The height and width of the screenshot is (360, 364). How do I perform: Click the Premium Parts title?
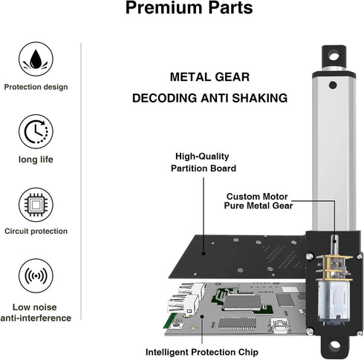pos(189,9)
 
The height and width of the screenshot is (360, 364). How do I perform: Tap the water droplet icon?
pos(36,57)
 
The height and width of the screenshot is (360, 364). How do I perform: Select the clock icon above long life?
pos(36,130)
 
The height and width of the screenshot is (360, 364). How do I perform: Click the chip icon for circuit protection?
pos(36,203)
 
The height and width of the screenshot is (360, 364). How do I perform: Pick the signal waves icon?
pos(36,275)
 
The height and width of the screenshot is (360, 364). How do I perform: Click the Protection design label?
pos(36,87)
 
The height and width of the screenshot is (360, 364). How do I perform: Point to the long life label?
pos(36,160)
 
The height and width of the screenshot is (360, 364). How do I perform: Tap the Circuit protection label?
pos(36,232)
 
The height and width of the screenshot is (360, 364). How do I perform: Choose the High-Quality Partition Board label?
pos(202,162)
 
